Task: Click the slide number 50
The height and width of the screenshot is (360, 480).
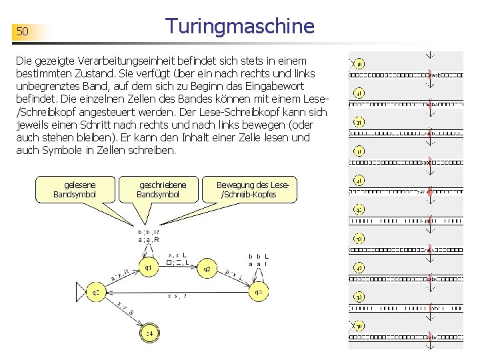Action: pos(23,32)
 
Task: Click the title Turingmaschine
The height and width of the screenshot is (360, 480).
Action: pos(240,27)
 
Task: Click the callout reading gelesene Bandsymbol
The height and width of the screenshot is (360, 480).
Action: pos(75,189)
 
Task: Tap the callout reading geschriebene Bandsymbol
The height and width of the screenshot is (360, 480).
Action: pos(159,189)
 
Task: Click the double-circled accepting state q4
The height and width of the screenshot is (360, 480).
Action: pos(149,333)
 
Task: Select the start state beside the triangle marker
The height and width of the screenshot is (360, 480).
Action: pos(96,292)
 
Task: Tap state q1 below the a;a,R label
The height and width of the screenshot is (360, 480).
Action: pos(148,268)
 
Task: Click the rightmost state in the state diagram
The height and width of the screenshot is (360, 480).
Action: pos(259,292)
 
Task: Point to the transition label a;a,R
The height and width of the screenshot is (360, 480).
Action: pos(148,239)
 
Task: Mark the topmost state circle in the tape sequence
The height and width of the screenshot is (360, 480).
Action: pos(359,64)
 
